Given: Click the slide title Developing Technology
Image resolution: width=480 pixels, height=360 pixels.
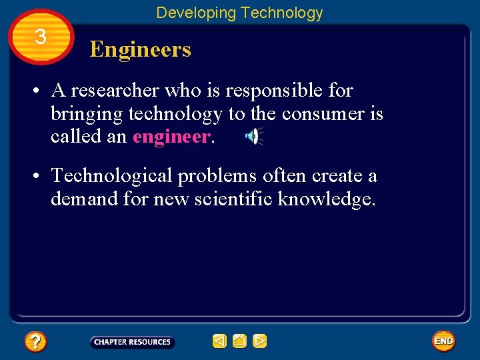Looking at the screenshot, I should [x=239, y=13].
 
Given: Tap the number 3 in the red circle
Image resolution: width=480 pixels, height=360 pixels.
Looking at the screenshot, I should [x=41, y=37].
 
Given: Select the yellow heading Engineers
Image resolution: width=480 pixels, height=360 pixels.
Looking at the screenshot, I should [x=140, y=49].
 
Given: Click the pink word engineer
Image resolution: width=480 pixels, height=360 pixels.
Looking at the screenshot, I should [x=171, y=137].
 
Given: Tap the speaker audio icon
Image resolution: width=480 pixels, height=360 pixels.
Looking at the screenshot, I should [x=253, y=137].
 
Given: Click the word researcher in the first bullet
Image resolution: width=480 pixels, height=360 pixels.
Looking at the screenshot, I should [x=115, y=90].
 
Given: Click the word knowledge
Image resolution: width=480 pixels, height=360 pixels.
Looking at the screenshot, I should [x=327, y=199].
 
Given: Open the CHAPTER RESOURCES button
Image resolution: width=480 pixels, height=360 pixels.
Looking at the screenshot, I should [x=132, y=342].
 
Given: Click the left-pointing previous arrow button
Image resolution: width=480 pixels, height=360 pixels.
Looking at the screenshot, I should [x=219, y=341].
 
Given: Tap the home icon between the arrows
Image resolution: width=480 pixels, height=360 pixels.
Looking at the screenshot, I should [x=240, y=341].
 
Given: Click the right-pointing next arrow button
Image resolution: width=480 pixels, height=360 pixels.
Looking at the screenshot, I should [x=260, y=341].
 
